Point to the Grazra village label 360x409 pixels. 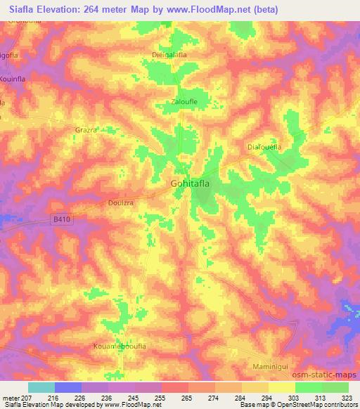(x=86, y=130)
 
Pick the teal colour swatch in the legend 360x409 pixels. (x=41, y=387)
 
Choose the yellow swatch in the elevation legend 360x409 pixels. (x=281, y=387)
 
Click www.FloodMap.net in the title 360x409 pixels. (x=211, y=10)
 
